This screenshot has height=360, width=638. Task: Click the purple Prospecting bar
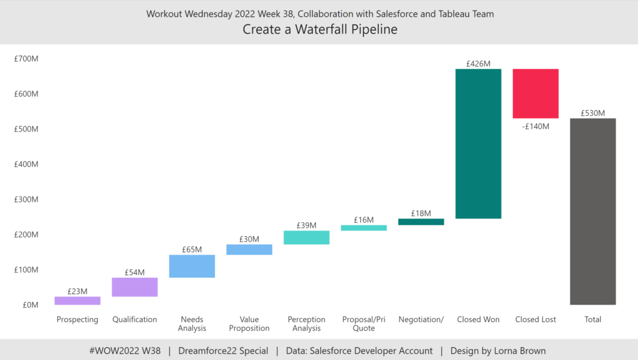(x=77, y=300)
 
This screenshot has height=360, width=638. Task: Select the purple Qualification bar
(x=135, y=287)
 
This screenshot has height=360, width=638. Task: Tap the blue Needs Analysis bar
(x=192, y=266)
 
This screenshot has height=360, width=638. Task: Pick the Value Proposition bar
(x=249, y=249)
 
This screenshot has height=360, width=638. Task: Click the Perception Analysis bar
(x=307, y=237)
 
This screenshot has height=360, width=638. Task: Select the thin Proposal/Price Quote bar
(x=364, y=228)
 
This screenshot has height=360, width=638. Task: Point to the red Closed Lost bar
(x=535, y=93)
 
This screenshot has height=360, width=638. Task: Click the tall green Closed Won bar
(x=478, y=143)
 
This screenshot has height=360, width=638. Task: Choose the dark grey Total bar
(x=593, y=211)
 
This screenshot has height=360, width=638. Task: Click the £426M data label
(x=478, y=64)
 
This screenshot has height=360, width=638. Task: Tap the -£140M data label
(x=535, y=126)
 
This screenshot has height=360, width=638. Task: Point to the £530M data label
(x=593, y=113)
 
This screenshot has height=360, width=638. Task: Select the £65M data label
(x=192, y=250)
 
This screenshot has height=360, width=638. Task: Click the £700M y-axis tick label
(x=26, y=59)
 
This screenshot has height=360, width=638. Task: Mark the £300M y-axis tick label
(x=26, y=200)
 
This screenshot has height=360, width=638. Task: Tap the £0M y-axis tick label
(x=31, y=305)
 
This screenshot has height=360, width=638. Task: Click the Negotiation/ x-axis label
(x=421, y=320)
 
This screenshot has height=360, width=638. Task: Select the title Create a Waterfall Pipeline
(x=320, y=29)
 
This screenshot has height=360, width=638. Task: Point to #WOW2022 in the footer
(x=115, y=351)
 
